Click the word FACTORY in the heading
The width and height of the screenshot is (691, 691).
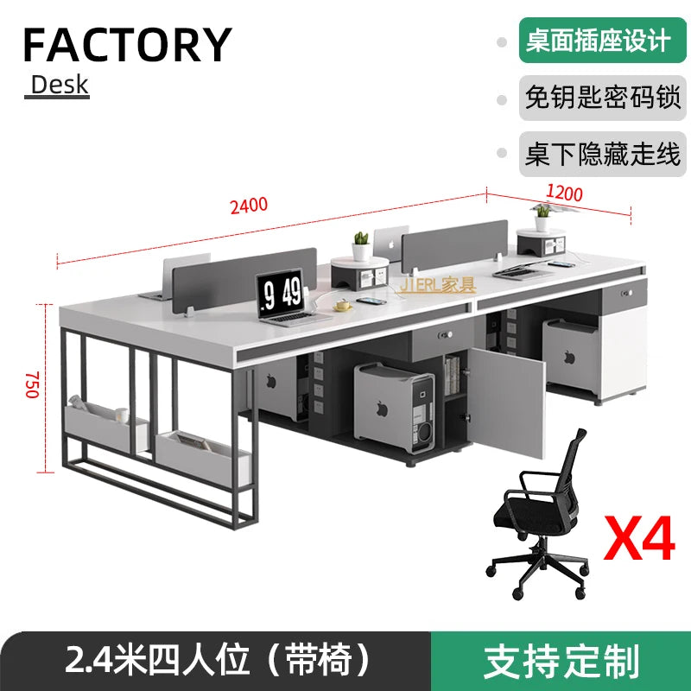pyautogui.click(x=127, y=44)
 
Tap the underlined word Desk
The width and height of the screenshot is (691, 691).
pyautogui.click(x=60, y=85)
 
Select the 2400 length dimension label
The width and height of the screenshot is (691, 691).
pyautogui.click(x=249, y=206)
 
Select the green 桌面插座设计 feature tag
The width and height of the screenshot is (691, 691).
pyautogui.click(x=597, y=41)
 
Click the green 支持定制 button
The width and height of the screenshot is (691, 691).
pyautogui.click(x=561, y=662)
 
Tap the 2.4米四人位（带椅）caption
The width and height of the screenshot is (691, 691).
pyautogui.click(x=217, y=662)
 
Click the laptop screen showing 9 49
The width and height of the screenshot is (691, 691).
pyautogui.click(x=283, y=293)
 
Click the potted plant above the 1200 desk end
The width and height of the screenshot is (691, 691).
pyautogui.click(x=542, y=211)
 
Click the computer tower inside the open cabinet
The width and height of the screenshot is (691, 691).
pyautogui.click(x=393, y=406)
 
